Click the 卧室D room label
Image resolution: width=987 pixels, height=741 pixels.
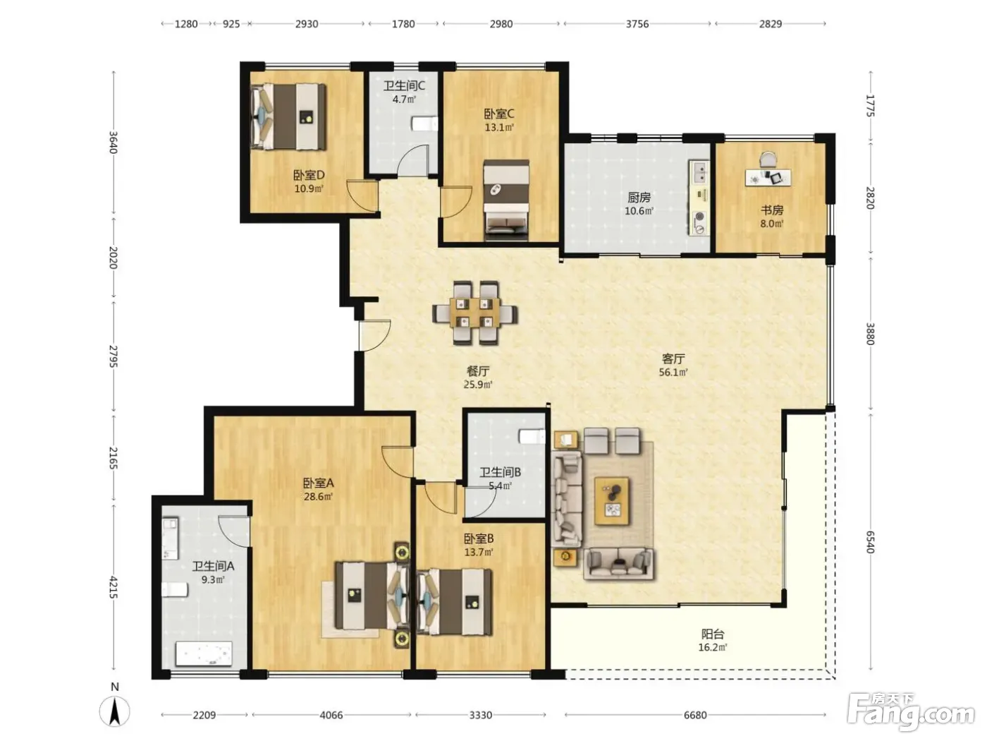click(x=309, y=174)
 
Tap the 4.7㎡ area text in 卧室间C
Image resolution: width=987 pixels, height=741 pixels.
click(x=404, y=100)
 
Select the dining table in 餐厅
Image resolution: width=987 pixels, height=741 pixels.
click(x=475, y=313)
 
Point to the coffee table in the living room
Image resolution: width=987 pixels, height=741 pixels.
click(x=611, y=501)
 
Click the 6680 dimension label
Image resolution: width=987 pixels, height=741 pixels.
click(x=695, y=715)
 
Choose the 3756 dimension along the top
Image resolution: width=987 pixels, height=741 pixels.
click(x=637, y=24)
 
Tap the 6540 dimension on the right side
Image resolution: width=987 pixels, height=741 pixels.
click(x=870, y=542)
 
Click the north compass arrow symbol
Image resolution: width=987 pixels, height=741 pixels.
click(x=115, y=711)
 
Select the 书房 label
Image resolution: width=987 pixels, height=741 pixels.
click(x=772, y=210)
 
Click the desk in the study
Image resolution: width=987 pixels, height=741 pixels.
click(x=768, y=177)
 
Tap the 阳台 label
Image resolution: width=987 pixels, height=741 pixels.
click(x=713, y=634)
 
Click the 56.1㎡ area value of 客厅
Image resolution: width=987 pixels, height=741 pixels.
click(x=673, y=372)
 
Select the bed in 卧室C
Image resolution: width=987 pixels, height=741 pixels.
click(x=506, y=200)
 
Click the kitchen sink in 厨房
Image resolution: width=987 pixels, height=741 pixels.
click(x=699, y=173)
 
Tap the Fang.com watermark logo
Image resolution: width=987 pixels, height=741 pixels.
click(x=911, y=712)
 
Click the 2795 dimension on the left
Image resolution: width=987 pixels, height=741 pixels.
click(x=114, y=356)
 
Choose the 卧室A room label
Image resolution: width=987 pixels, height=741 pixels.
click(x=318, y=483)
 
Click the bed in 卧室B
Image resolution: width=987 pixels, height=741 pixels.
click(x=454, y=602)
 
